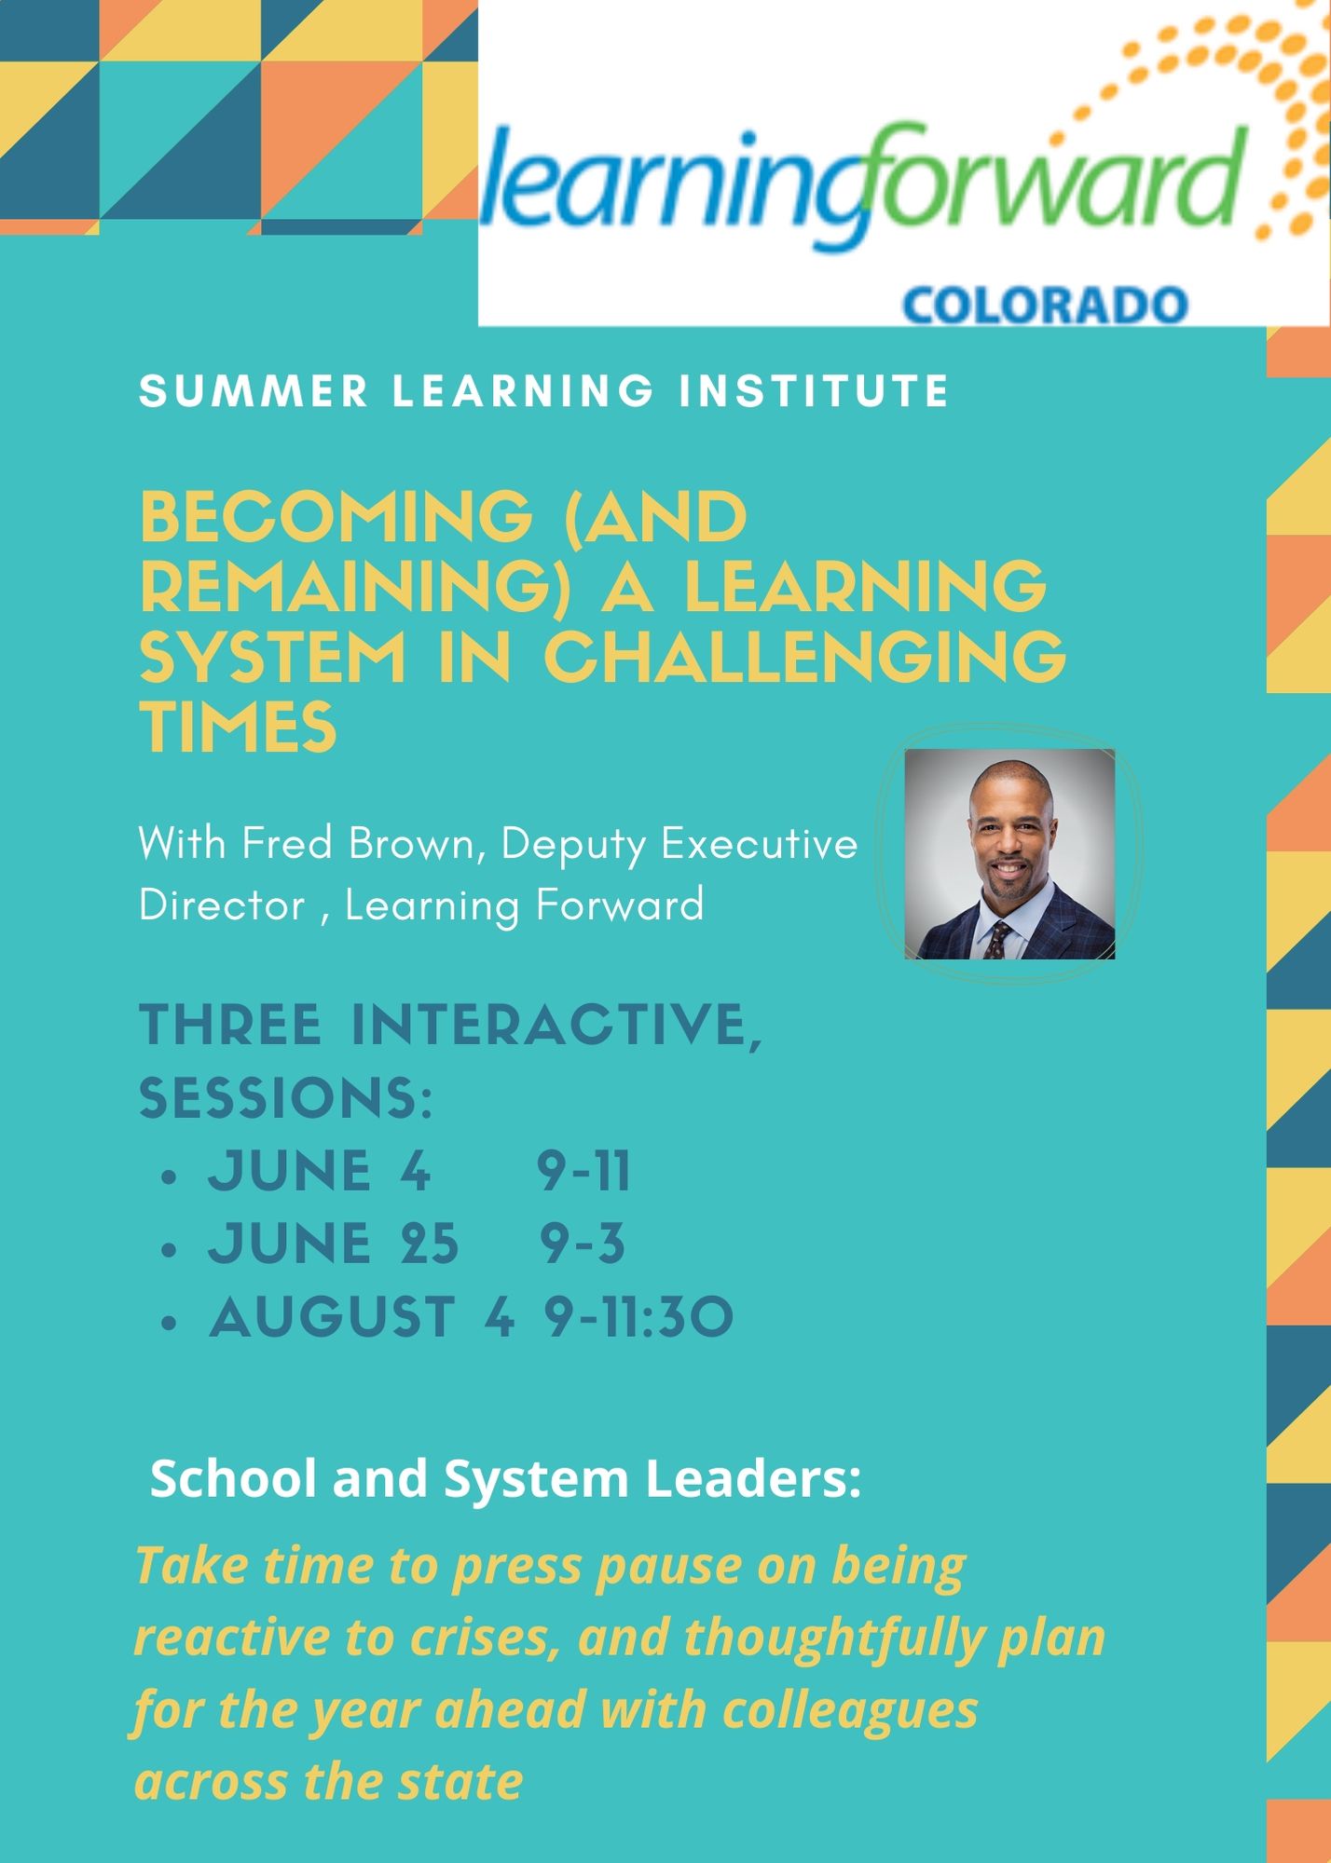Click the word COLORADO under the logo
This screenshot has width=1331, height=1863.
point(1045,306)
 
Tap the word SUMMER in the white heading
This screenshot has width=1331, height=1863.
point(254,390)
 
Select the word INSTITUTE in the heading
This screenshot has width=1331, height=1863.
point(814,390)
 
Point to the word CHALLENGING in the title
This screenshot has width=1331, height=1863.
point(805,657)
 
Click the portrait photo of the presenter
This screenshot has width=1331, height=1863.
point(1009,853)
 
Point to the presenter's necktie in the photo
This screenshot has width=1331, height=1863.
point(998,939)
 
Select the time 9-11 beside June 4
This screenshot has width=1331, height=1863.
point(584,1171)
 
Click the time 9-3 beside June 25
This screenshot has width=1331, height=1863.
point(583,1244)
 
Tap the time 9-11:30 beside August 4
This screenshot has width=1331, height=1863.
point(639,1316)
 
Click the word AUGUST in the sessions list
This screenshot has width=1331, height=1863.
point(333,1316)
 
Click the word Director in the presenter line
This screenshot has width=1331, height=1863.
point(222,904)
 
